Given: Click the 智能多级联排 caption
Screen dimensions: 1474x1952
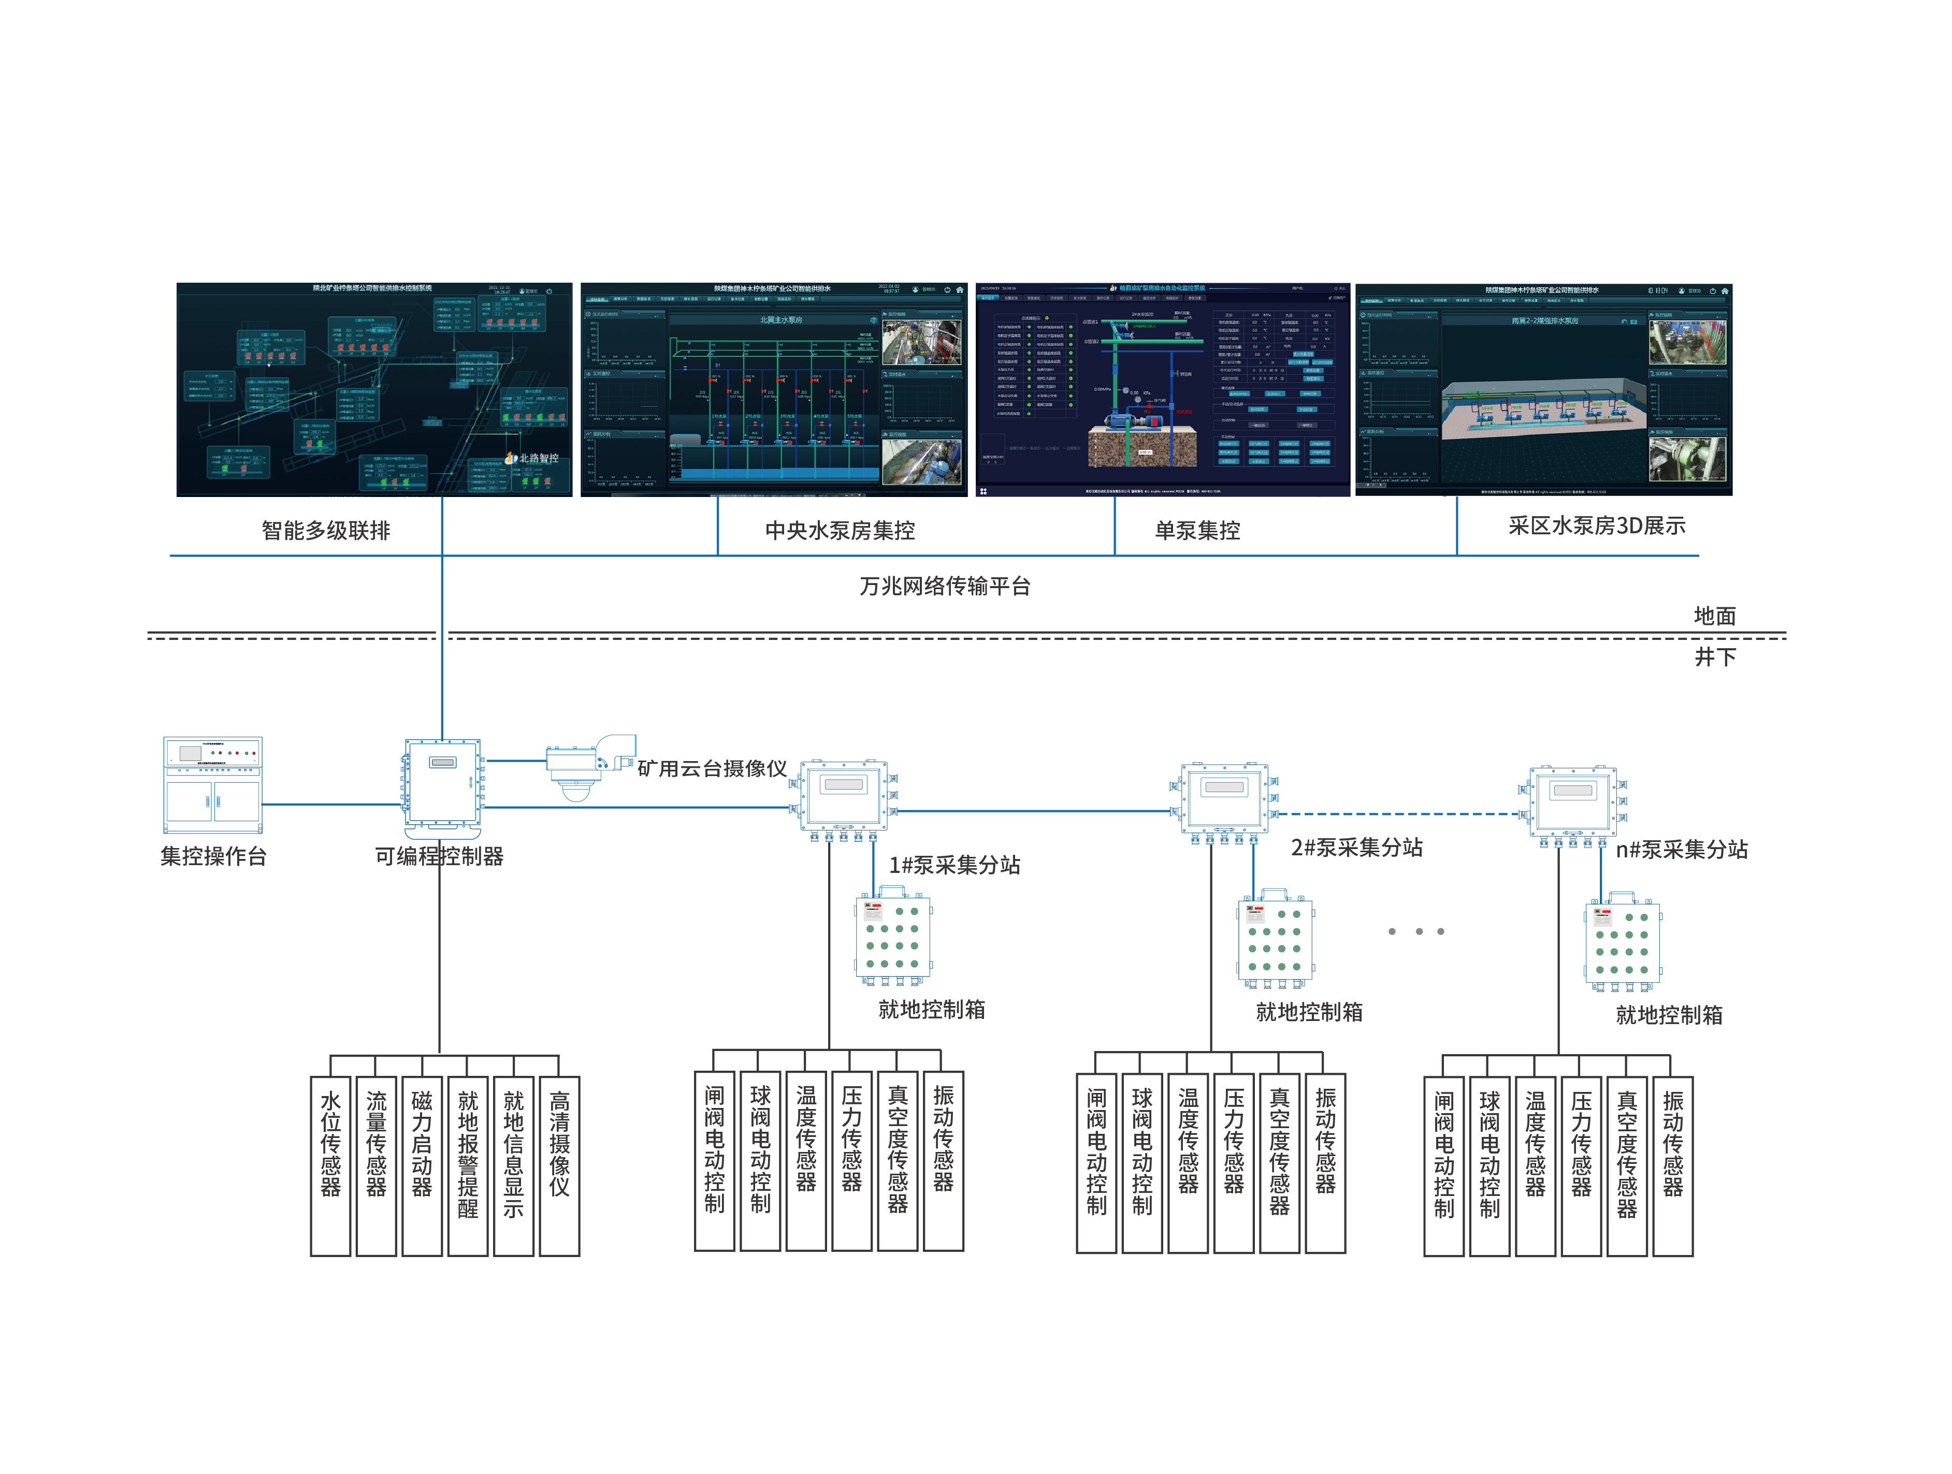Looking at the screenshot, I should click(326, 530).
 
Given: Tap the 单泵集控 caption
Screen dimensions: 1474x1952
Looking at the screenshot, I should click(1197, 530).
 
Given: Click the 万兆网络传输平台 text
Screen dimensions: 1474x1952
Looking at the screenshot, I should click(945, 586).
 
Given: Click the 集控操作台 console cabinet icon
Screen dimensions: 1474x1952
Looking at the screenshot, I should click(213, 785).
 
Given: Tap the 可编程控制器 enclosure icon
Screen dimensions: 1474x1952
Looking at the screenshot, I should click(443, 785).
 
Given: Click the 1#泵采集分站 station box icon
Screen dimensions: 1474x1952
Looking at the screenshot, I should click(844, 796).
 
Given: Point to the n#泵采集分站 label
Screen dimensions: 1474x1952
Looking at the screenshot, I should click(1681, 850).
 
